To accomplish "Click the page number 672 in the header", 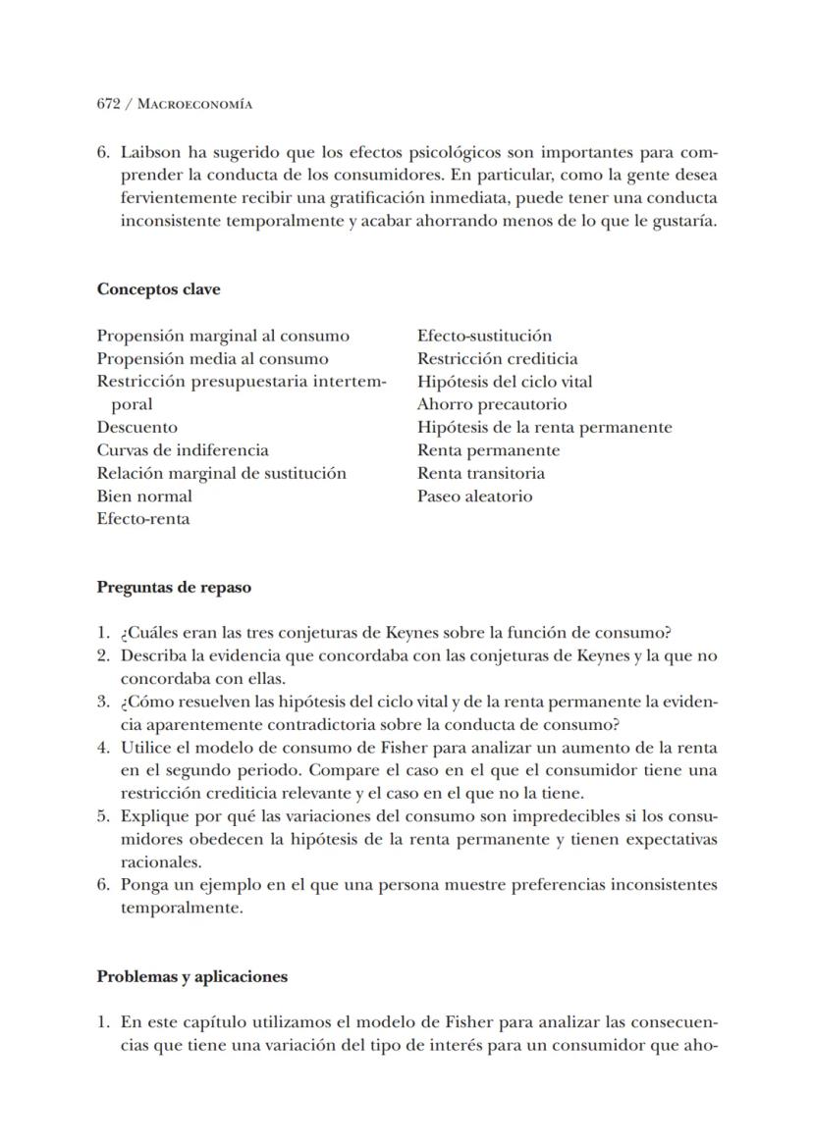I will click(x=108, y=103).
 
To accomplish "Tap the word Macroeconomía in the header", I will click(x=194, y=103).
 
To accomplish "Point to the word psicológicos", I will click(x=449, y=153).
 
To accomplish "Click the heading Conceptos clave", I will click(x=158, y=289).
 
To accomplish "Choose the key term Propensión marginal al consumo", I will click(x=223, y=336).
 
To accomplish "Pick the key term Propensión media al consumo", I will click(x=212, y=358).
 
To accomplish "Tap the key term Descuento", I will click(x=137, y=427).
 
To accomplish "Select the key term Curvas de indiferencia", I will click(x=183, y=450).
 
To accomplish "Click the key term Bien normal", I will click(x=144, y=495).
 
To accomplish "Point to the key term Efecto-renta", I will click(x=143, y=519).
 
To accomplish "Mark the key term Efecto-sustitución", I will click(x=484, y=336).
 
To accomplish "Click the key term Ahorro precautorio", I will click(x=492, y=404).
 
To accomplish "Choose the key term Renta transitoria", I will click(x=481, y=473).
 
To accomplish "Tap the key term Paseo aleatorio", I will click(x=475, y=495).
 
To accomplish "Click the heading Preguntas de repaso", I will click(x=174, y=588).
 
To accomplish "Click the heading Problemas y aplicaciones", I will click(x=192, y=976).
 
